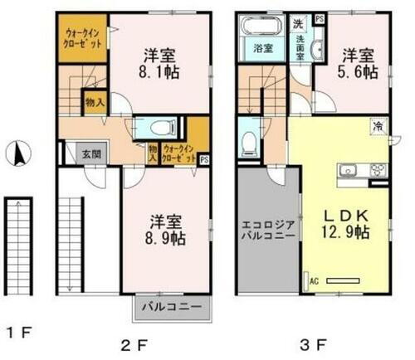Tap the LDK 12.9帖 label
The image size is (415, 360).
coord(344,226)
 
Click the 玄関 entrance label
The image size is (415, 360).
coord(90,153)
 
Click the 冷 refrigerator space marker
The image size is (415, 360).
coord(376,126)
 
